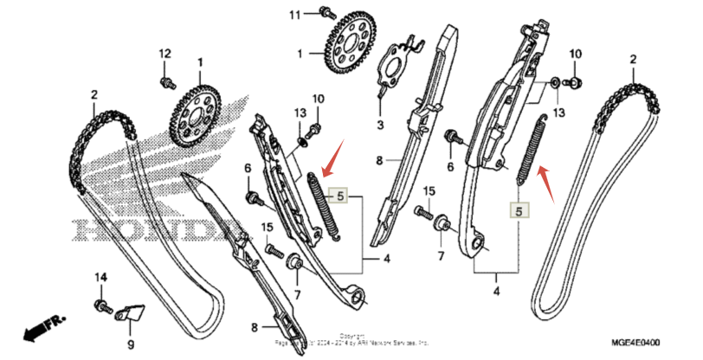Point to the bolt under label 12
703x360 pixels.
point(164,81)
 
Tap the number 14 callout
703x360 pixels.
point(100,277)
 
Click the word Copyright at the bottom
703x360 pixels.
point(351,334)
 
